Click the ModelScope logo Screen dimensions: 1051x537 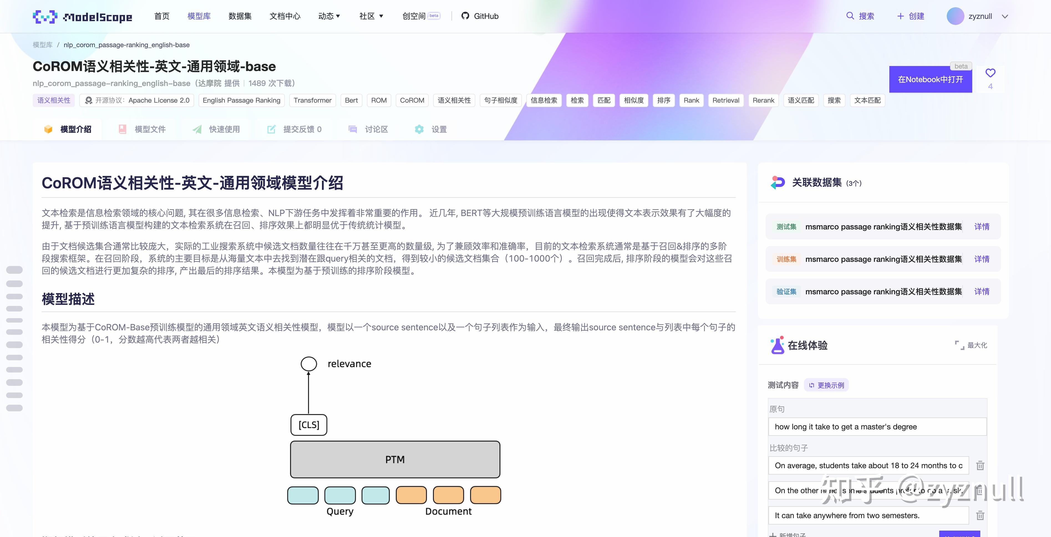click(x=82, y=17)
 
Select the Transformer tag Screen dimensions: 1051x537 click(x=313, y=100)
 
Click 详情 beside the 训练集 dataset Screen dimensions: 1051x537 click(x=982, y=259)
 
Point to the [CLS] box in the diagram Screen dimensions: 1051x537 click(x=309, y=425)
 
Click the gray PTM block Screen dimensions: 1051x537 click(x=395, y=459)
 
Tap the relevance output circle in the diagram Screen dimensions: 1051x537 click(x=309, y=364)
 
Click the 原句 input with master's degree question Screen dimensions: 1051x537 click(x=877, y=427)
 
